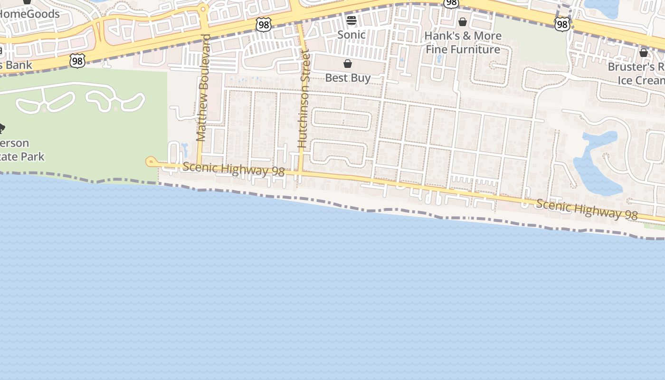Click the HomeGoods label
coord(29,14)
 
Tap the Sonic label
coord(351,35)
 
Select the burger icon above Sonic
coord(351,20)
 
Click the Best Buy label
coord(348,78)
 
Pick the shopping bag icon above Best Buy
coord(348,64)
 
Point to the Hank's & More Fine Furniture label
coord(463,43)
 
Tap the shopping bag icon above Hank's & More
coord(463,22)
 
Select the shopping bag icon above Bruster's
coord(644,53)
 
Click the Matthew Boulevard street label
coord(202,88)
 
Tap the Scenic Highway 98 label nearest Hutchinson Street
coord(233,170)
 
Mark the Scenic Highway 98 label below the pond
coord(587,209)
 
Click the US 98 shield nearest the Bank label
coord(77,60)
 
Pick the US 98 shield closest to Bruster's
coord(562,24)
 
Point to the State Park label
coord(22,150)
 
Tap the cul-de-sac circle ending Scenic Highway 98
coord(151,162)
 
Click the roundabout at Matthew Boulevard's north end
coord(203,9)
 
